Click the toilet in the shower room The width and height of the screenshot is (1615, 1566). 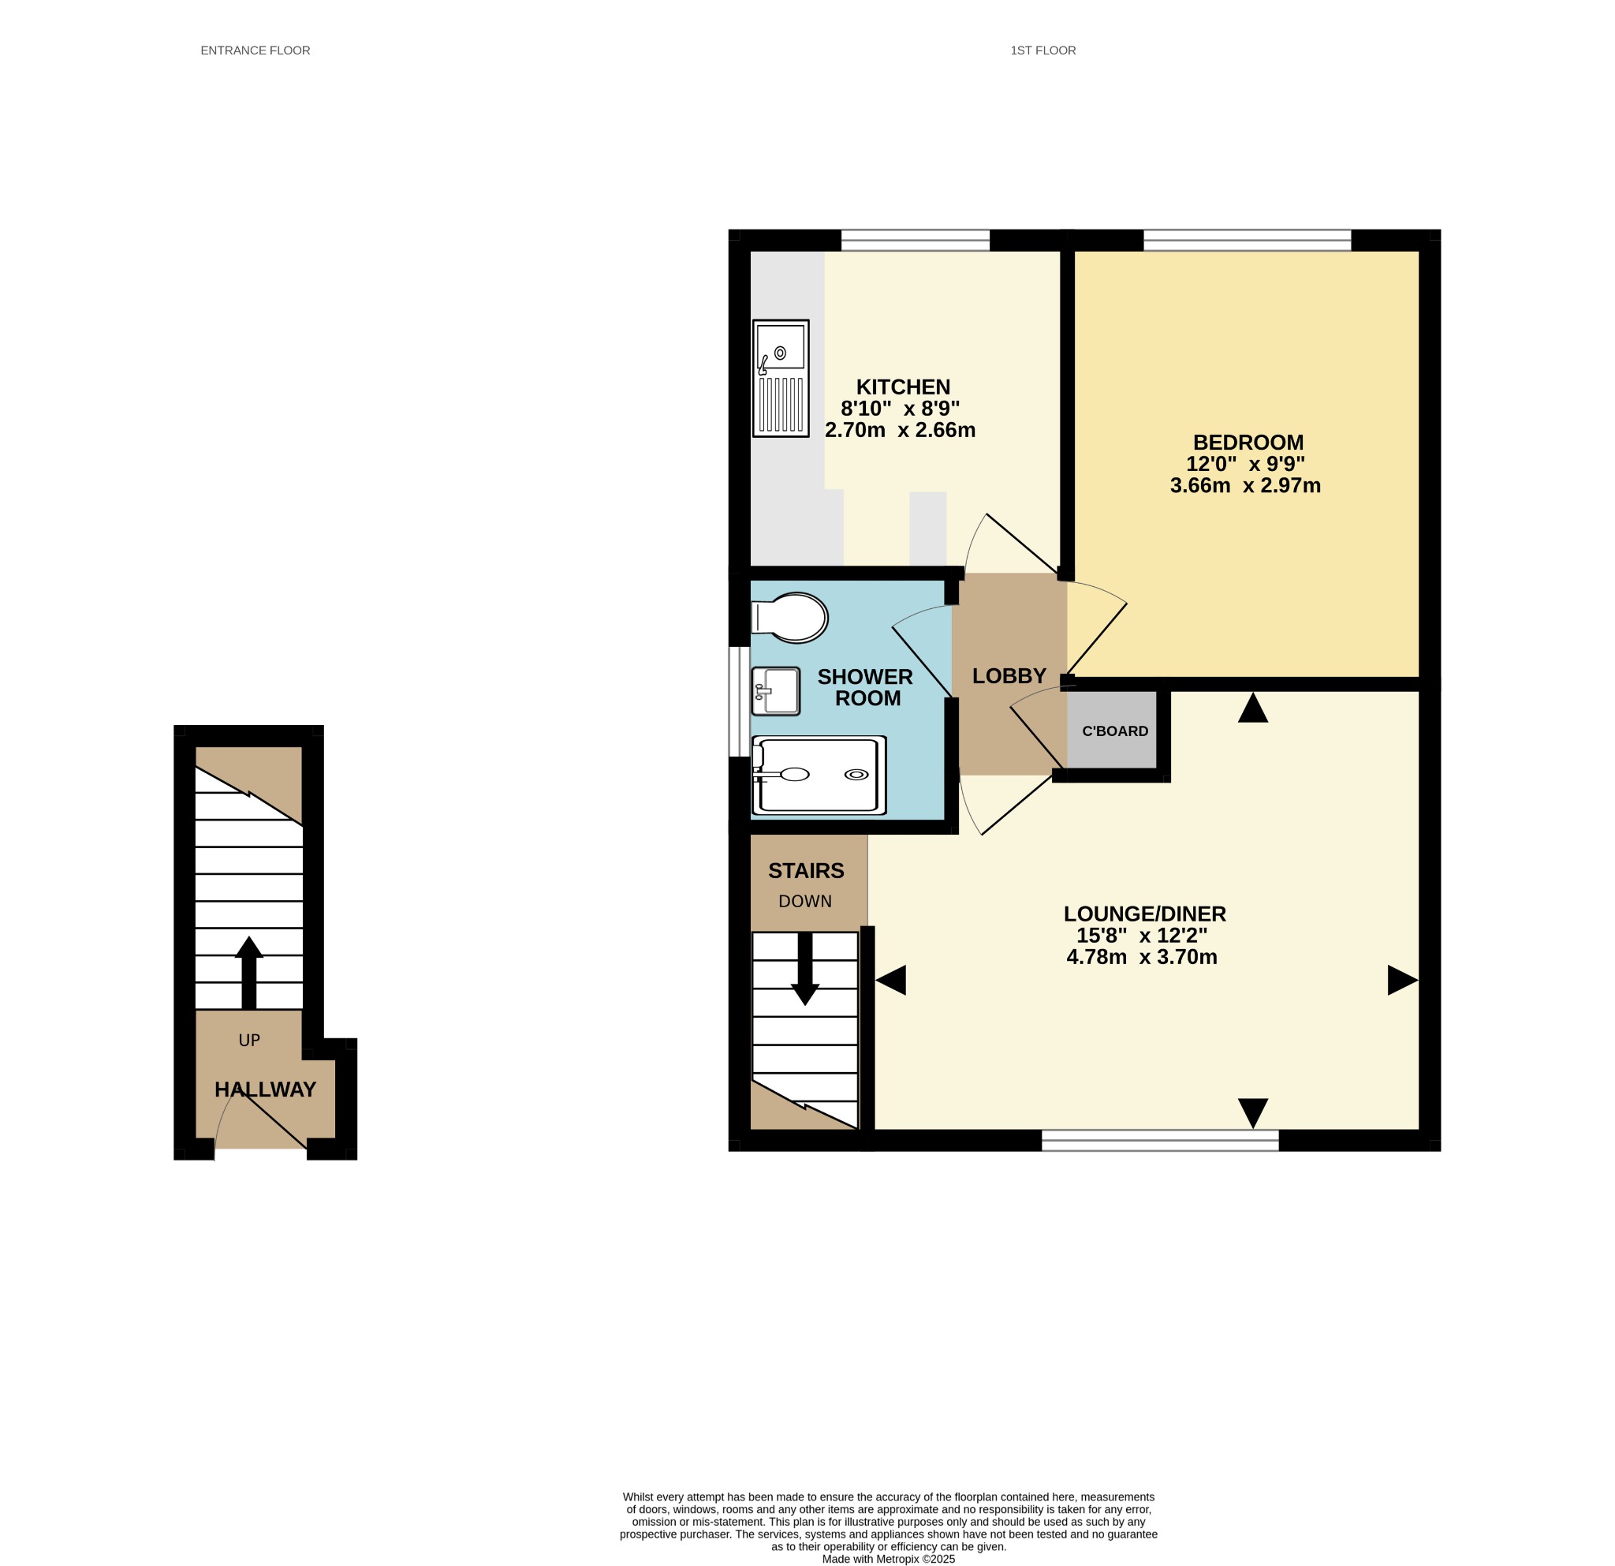(x=789, y=618)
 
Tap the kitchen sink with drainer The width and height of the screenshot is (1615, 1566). (x=781, y=379)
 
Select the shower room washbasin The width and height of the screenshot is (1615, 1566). (x=775, y=690)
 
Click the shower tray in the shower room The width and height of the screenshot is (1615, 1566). (x=819, y=775)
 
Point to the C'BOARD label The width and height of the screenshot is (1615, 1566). (x=1115, y=731)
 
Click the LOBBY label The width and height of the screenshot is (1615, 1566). (x=1009, y=676)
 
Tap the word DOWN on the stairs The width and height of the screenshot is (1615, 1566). (x=805, y=902)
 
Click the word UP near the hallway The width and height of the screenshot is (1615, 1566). (x=249, y=1040)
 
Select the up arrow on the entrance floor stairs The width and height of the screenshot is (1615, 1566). (x=249, y=973)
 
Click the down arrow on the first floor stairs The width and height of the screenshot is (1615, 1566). (x=805, y=969)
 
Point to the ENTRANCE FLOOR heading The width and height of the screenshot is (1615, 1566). (x=255, y=50)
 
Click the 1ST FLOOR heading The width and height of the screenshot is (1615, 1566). (x=1043, y=50)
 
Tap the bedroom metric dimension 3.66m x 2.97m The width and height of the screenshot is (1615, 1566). (x=1245, y=485)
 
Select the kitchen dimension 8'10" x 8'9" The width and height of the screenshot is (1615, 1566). (x=900, y=408)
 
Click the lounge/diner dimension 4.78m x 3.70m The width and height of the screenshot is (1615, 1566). (x=1142, y=957)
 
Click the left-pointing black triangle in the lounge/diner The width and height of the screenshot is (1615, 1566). (x=891, y=980)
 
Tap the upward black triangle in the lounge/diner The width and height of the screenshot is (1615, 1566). (x=1252, y=708)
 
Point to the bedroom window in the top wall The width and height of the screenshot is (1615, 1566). (x=1248, y=240)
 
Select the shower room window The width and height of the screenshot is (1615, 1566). (x=739, y=701)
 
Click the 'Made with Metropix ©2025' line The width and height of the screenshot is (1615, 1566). (x=888, y=1559)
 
